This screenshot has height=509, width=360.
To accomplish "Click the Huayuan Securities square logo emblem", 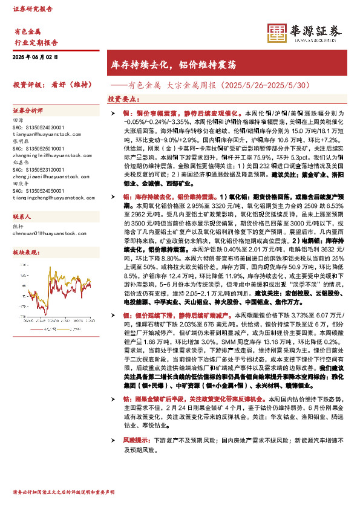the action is [276, 33].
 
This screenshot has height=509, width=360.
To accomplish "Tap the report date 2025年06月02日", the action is [35, 57].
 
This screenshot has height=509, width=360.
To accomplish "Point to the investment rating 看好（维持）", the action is [71, 85].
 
